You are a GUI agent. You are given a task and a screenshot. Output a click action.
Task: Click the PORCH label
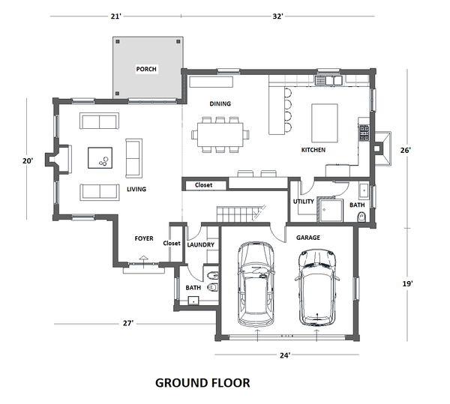tap(146, 69)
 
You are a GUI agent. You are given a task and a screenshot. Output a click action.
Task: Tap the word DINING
tap(220, 103)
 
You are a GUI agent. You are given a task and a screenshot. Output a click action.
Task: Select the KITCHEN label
tap(313, 150)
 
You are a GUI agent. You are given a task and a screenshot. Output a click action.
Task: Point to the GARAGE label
tap(308, 238)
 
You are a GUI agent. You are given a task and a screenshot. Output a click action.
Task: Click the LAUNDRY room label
tap(200, 244)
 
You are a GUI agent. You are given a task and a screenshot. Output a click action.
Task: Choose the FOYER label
tap(144, 238)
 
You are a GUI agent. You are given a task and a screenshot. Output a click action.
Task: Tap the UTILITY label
tap(303, 202)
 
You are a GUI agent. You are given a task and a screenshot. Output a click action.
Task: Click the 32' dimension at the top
tap(277, 16)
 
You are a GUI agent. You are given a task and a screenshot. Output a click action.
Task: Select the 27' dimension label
tap(128, 323)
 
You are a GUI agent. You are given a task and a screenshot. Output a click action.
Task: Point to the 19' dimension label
tap(407, 283)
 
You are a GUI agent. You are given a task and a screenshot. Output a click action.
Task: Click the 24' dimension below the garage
tap(285, 355)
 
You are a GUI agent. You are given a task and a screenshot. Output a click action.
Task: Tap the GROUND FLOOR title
tap(202, 383)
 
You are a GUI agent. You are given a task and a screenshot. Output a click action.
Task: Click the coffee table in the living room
tap(100, 158)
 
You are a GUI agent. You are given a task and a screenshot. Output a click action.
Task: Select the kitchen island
tap(325, 123)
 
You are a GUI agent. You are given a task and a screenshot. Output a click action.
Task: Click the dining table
tap(220, 134)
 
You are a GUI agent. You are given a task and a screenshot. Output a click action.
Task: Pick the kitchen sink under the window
tap(328, 80)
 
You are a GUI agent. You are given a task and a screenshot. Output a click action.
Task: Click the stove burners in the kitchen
tap(364, 133)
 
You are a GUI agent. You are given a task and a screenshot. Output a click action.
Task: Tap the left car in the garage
tap(256, 284)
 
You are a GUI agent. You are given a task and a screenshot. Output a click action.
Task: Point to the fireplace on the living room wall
tap(58, 160)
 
